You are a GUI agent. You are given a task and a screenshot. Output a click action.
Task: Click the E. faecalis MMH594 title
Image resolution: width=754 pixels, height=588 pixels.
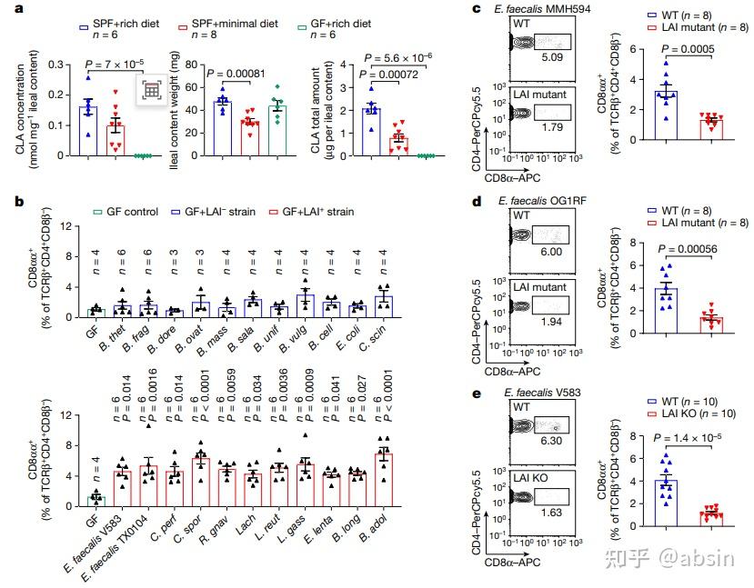click(547, 10)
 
